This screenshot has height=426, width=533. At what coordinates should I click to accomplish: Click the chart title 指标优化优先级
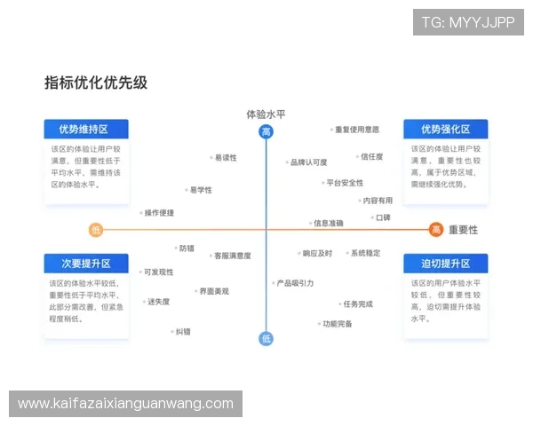pyautogui.click(x=96, y=83)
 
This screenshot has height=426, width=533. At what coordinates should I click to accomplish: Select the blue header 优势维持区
pyautogui.click(x=86, y=130)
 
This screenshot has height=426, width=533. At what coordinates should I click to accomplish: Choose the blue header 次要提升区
pyautogui.click(x=86, y=264)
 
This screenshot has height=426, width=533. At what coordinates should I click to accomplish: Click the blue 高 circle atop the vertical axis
pyautogui.click(x=266, y=132)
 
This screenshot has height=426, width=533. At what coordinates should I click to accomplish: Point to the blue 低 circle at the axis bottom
pyautogui.click(x=266, y=338)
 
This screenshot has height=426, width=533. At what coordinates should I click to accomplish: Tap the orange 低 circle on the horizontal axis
pyautogui.click(x=96, y=230)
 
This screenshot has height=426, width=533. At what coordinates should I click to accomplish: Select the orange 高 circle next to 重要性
pyautogui.click(x=436, y=230)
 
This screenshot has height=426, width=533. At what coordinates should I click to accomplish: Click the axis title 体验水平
pyautogui.click(x=266, y=114)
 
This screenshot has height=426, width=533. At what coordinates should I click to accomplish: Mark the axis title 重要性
pyautogui.click(x=463, y=230)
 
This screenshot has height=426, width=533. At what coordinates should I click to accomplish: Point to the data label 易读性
pyautogui.click(x=225, y=158)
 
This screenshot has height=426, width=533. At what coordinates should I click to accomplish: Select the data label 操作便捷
pyautogui.click(x=158, y=213)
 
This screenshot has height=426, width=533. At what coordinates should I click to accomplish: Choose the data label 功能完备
pyautogui.click(x=337, y=324)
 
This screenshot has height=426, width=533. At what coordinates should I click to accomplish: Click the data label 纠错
pyautogui.click(x=183, y=331)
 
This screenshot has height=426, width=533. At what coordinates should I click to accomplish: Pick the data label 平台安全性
pyautogui.click(x=345, y=183)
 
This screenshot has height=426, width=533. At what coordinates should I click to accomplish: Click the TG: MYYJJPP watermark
pyautogui.click(x=468, y=22)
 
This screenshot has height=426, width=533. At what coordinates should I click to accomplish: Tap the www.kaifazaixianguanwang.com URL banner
pyautogui.click(x=126, y=404)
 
